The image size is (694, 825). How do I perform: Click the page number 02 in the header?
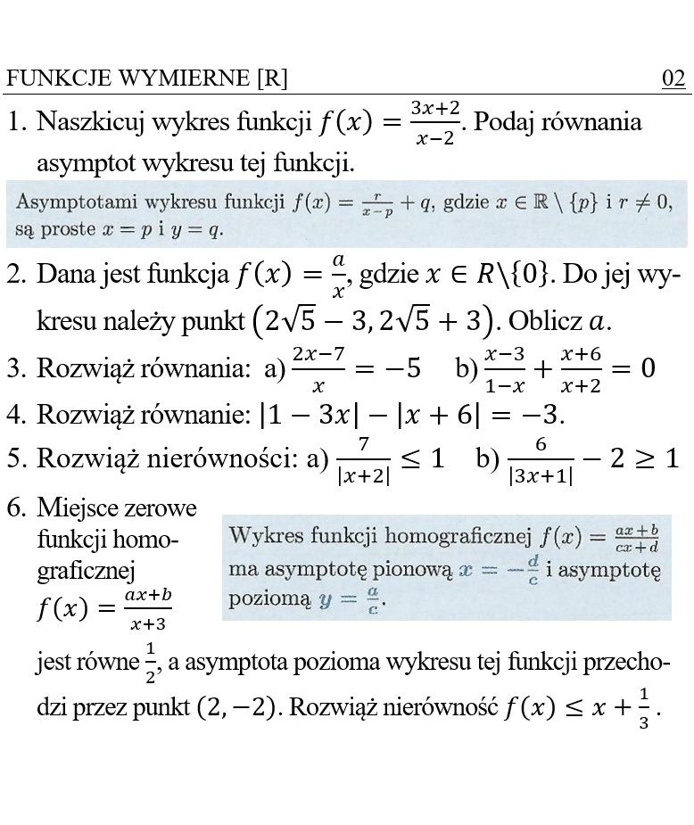point(673,79)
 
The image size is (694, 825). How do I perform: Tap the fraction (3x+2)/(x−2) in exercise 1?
point(434,123)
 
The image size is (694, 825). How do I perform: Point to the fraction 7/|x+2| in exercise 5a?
point(363,459)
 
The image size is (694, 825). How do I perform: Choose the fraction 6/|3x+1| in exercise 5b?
point(541,459)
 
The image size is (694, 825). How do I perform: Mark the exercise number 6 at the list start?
point(15,509)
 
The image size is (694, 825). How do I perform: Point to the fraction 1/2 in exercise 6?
point(150,662)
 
